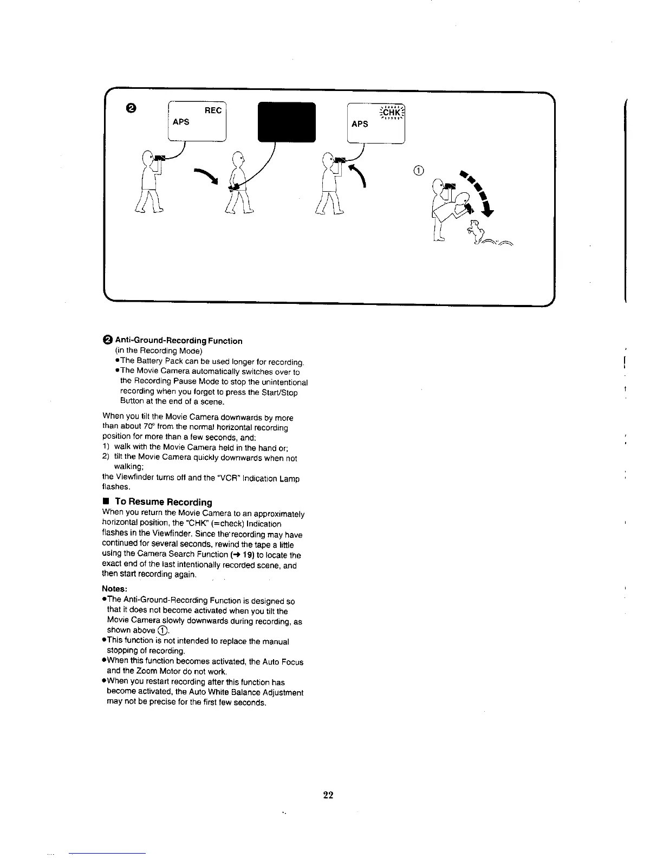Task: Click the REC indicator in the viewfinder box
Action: [213, 110]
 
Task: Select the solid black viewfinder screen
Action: [287, 122]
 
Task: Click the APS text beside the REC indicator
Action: [181, 122]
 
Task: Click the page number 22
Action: [328, 795]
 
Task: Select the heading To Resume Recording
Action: [163, 502]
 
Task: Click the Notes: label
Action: [114, 589]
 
